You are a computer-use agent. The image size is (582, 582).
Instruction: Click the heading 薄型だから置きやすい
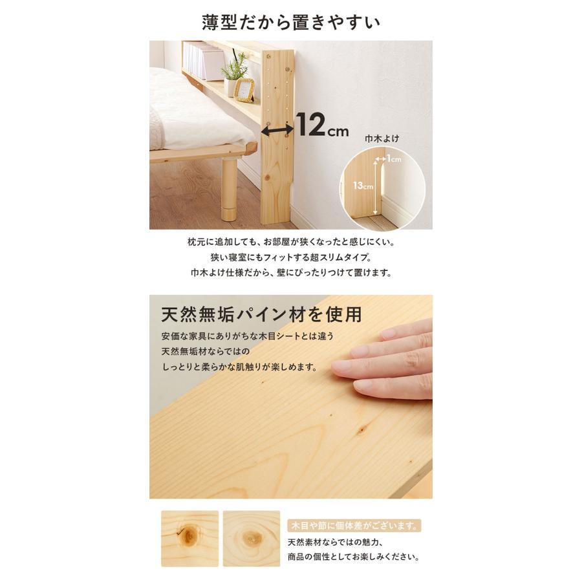click(x=291, y=22)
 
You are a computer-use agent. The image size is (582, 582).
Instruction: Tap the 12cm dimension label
click(x=322, y=125)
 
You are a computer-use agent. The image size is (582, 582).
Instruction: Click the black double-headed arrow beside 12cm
click(x=277, y=129)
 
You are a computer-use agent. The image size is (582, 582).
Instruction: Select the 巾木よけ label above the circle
click(x=382, y=138)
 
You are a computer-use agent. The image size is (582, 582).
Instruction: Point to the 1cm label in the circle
click(x=394, y=159)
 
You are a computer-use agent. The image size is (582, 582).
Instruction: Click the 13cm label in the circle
click(x=363, y=186)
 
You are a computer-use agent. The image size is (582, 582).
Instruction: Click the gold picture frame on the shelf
click(x=244, y=90)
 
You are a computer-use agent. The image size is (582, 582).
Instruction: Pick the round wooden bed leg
click(x=229, y=189)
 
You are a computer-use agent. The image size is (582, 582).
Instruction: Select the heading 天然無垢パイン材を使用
click(x=261, y=315)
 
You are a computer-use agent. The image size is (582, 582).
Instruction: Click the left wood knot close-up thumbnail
click(x=189, y=539)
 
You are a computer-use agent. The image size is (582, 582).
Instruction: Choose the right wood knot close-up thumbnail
click(x=252, y=539)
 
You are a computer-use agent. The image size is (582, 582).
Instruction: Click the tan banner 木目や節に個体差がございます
click(x=354, y=526)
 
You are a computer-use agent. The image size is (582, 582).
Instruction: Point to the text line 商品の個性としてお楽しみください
click(x=354, y=557)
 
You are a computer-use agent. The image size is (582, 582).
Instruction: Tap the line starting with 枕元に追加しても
click(x=291, y=242)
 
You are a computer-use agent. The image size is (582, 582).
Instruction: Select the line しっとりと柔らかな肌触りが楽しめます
click(x=240, y=367)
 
